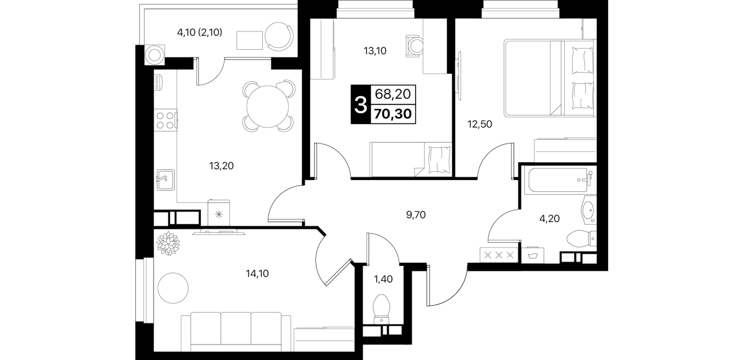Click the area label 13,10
point(375,51)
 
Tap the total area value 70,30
point(393,114)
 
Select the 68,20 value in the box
point(393,94)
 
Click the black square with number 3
point(360,105)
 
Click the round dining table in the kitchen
point(268,106)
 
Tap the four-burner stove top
point(166,120)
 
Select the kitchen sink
point(166,180)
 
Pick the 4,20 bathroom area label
point(549,219)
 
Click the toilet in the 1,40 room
point(381,309)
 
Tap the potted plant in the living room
point(168,243)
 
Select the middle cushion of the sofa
point(236,332)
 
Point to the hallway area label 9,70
point(416,215)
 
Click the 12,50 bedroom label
point(480,124)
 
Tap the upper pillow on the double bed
point(583,61)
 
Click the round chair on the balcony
point(279,37)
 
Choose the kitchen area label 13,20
point(221,166)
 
